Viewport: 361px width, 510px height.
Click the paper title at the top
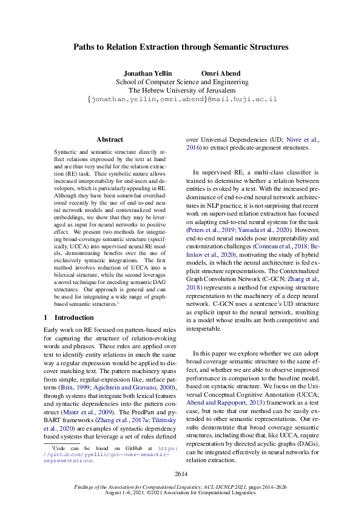point(180,47)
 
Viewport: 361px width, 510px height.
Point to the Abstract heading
point(110,139)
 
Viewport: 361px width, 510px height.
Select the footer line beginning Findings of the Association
point(181,486)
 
